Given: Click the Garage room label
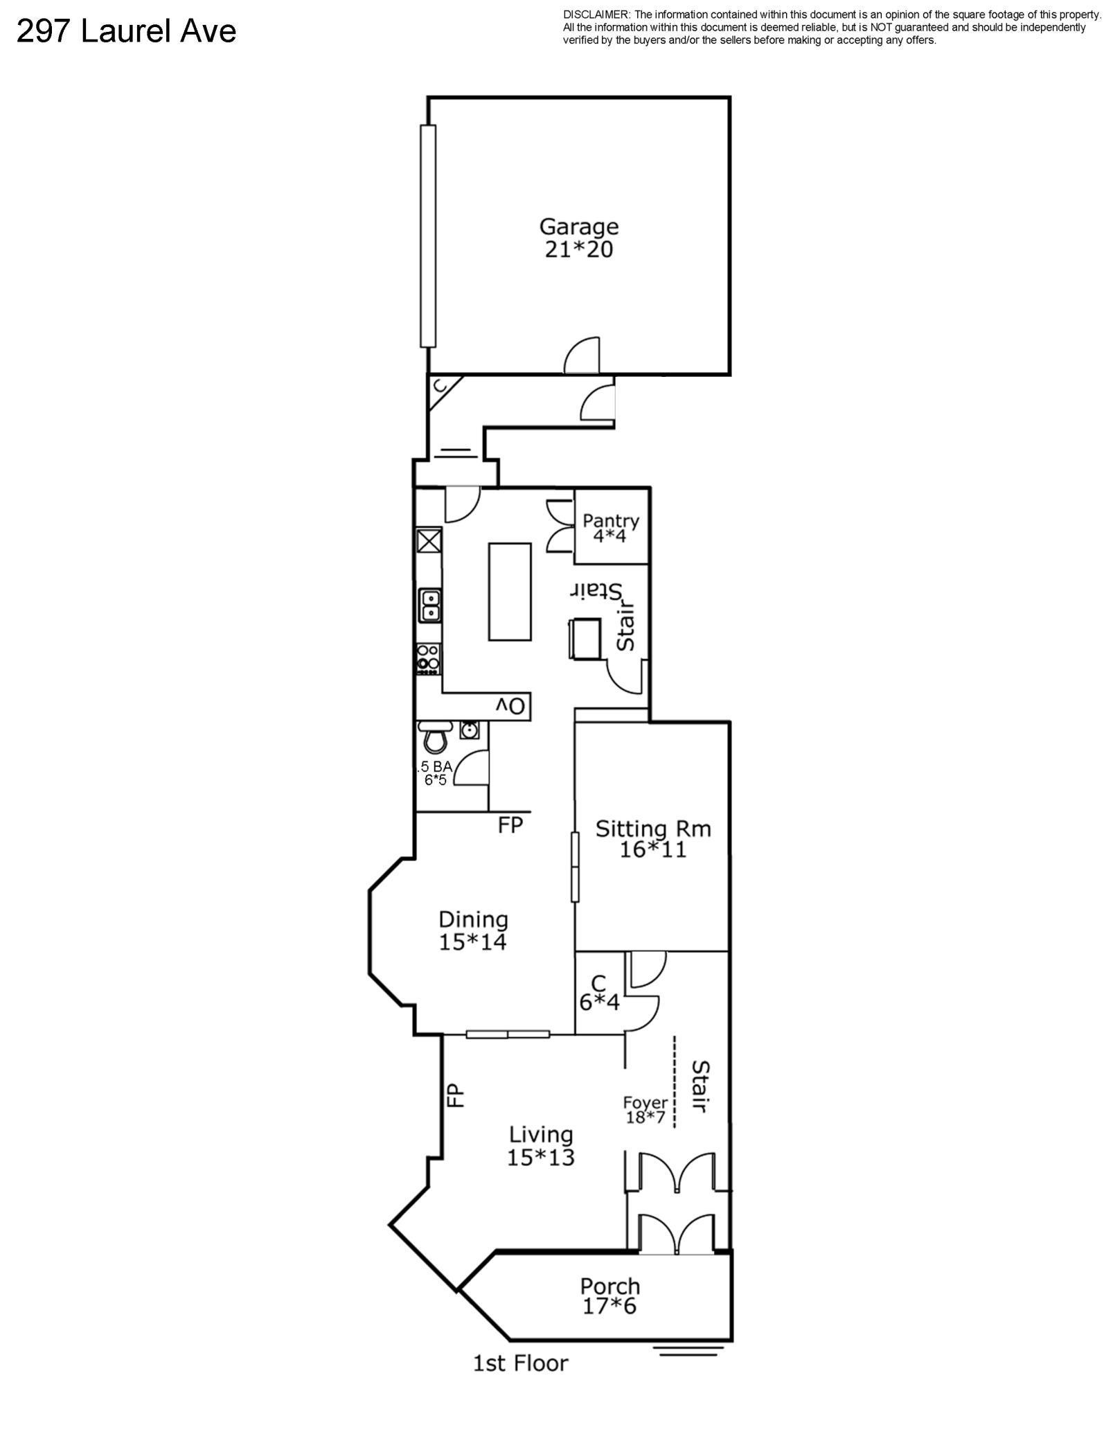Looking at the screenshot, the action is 579,238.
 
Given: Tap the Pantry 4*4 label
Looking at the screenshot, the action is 610,528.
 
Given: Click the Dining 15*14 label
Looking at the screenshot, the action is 473,930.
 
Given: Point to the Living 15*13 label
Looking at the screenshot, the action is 541,1146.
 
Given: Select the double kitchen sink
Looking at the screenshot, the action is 430,605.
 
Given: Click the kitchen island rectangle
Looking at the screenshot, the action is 510,592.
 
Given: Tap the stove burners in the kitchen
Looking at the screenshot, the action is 428,659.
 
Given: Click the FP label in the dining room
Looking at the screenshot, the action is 510,825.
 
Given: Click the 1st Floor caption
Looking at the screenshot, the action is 520,1363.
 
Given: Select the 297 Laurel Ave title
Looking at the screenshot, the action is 127,31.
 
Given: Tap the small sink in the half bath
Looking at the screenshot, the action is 469,730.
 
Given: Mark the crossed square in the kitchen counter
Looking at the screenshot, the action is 429,540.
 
